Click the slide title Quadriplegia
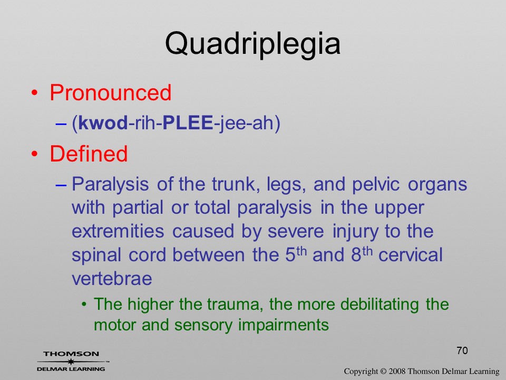tap(252, 44)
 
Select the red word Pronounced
tap(110, 92)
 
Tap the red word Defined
tap(89, 153)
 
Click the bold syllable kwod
tap(103, 123)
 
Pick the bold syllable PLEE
tap(188, 123)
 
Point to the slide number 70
tap(462, 350)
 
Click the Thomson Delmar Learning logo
tap(72, 361)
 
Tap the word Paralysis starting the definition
tap(110, 185)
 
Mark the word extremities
tap(118, 231)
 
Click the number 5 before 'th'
tap(290, 255)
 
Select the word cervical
tap(410, 255)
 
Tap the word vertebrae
tap(112, 279)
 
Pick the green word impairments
tap(284, 325)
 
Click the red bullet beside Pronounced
tap(35, 93)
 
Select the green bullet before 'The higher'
tap(84, 305)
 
